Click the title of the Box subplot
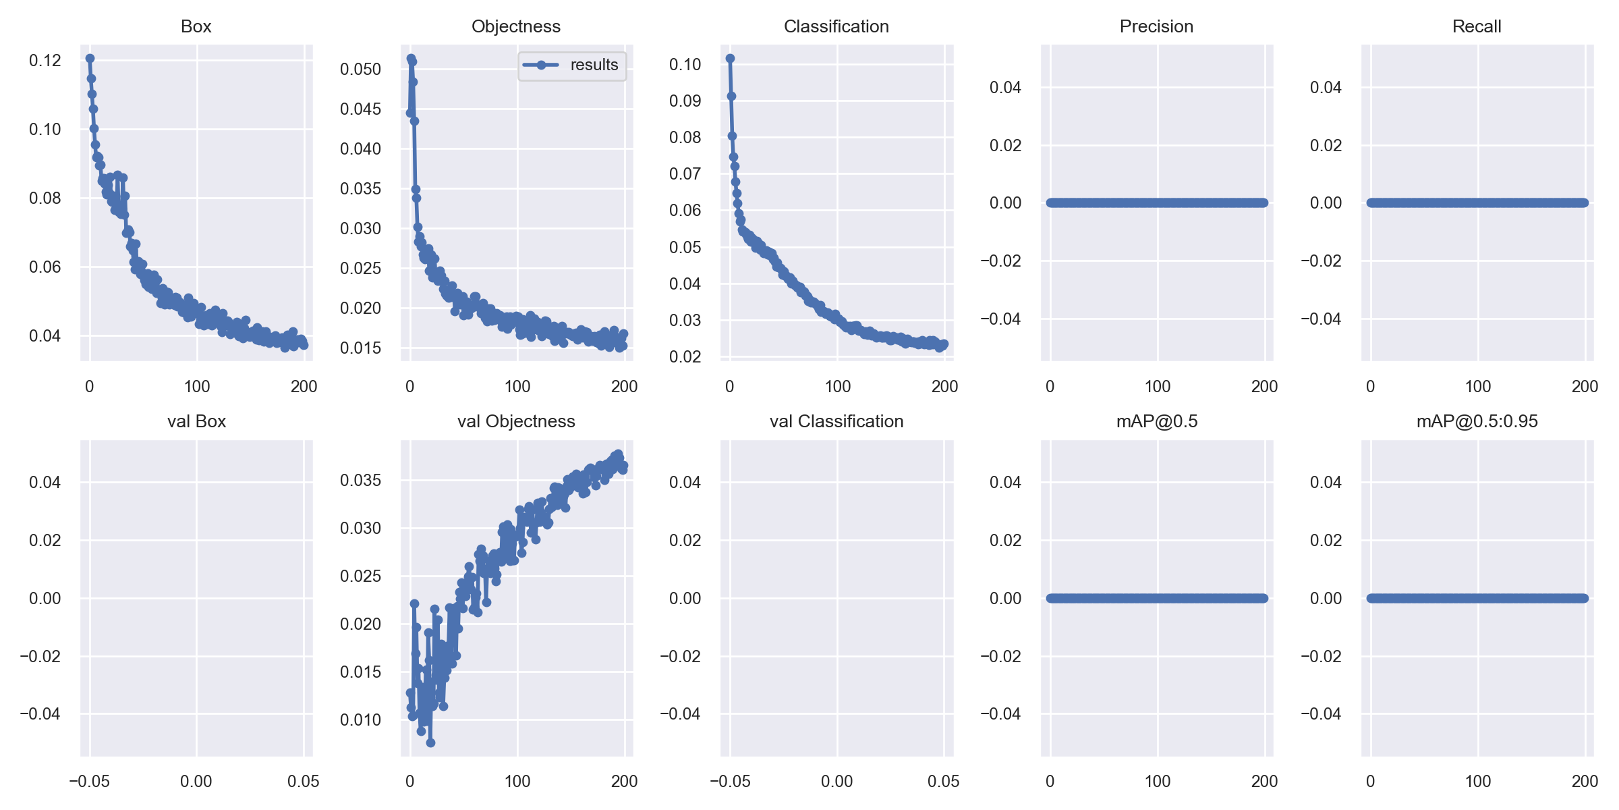(196, 26)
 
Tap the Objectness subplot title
(516, 26)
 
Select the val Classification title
(836, 421)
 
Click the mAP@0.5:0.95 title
(1477, 422)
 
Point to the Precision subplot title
(1157, 26)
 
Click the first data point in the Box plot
(90, 59)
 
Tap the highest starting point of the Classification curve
(730, 59)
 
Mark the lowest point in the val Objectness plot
(430, 742)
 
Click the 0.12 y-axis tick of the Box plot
(45, 61)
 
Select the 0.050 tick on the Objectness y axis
(360, 69)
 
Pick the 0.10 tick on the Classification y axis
(685, 64)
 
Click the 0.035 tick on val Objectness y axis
(360, 480)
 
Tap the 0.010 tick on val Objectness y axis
(360, 720)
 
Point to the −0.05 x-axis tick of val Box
(90, 781)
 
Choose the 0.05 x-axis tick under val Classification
(944, 781)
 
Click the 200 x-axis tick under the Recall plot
(1585, 386)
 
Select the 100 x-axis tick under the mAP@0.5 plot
(1158, 781)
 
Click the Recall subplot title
(1477, 26)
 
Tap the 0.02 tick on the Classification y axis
(685, 356)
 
